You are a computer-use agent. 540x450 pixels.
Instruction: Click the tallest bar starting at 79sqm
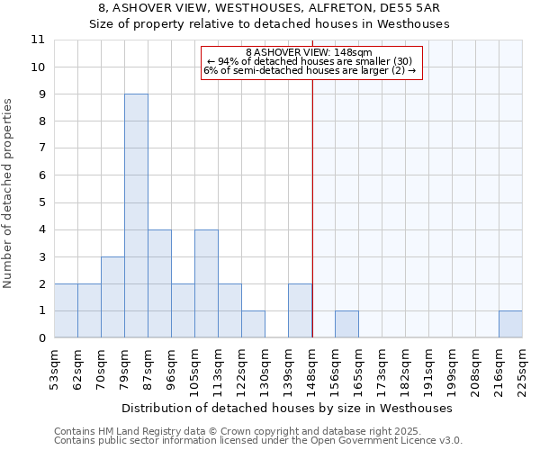click(x=136, y=216)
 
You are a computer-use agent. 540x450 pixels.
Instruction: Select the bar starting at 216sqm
click(x=510, y=325)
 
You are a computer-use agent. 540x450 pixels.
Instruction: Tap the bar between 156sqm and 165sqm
click(x=346, y=325)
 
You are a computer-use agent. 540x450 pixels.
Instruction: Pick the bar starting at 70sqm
click(x=112, y=298)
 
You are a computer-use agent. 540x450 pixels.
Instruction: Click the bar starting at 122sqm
click(x=253, y=325)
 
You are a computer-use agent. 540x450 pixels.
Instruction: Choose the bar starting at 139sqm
click(x=300, y=311)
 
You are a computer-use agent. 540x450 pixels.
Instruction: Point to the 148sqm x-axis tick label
click(x=312, y=370)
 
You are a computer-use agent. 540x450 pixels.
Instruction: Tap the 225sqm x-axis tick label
click(x=522, y=370)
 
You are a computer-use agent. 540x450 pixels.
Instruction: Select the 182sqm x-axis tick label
click(x=406, y=370)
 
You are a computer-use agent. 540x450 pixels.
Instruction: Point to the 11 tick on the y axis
click(x=38, y=40)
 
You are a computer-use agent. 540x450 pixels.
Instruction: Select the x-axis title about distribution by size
click(x=288, y=409)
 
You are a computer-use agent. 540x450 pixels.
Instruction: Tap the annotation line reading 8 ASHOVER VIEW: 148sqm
click(x=309, y=52)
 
